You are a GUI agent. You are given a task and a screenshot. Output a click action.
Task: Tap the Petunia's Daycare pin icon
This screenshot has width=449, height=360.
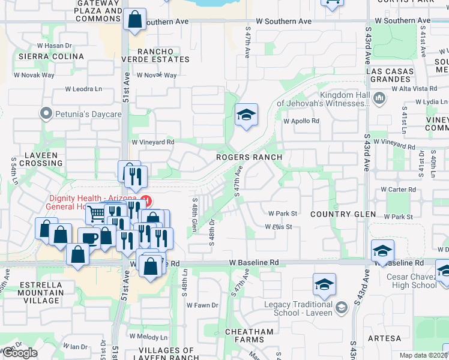click(45, 113)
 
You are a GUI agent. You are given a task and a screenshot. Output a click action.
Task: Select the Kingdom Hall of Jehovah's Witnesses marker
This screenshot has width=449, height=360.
click(379, 98)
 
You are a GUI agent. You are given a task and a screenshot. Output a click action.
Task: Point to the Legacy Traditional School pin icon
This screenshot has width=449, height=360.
click(342, 307)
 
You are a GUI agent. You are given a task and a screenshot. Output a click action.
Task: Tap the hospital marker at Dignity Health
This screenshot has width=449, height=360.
click(145, 199)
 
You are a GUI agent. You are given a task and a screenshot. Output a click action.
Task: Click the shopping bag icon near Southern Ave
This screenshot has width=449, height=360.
click(135, 19)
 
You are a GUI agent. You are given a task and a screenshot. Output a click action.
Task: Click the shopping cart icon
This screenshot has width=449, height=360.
click(97, 214)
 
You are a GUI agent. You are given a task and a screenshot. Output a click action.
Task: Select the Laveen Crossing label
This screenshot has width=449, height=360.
click(41, 159)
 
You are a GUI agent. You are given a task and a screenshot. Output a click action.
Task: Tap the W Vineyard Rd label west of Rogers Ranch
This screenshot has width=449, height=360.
click(152, 142)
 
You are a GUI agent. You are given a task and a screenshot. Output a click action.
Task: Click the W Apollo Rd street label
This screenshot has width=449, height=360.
click(301, 121)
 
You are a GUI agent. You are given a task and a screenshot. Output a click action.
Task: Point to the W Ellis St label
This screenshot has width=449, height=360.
click(279, 227)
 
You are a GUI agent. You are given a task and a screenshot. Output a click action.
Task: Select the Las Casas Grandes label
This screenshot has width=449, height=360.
click(391, 75)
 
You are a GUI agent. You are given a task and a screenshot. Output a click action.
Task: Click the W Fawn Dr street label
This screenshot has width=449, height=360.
click(202, 305)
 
